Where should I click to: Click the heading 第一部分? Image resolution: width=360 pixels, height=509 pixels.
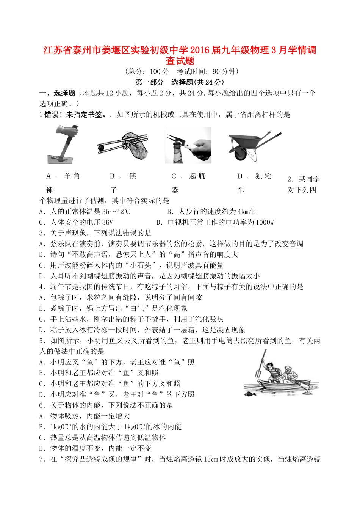tap(150, 82)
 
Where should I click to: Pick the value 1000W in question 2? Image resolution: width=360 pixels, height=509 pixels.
tap(264, 222)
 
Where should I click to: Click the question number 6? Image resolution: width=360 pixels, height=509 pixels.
tap(42, 405)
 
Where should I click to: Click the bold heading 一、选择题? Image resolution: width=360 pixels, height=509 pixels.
tap(57, 93)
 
